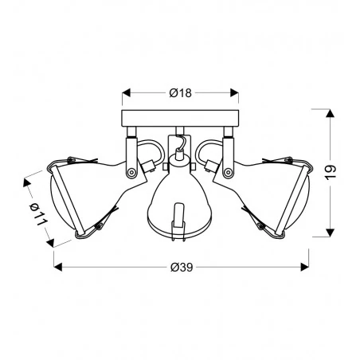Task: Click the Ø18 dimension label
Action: click(x=181, y=93)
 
